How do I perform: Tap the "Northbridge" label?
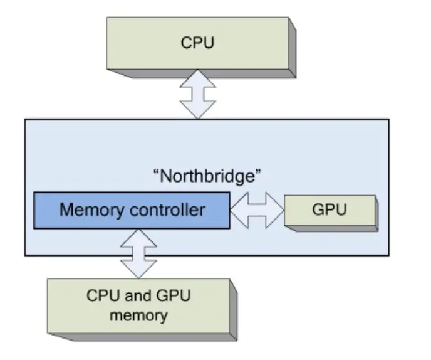point(207,176)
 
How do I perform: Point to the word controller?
point(169,209)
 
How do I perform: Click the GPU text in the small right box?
point(329,209)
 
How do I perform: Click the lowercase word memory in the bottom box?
point(138,314)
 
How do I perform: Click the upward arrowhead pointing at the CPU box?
point(197,81)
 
